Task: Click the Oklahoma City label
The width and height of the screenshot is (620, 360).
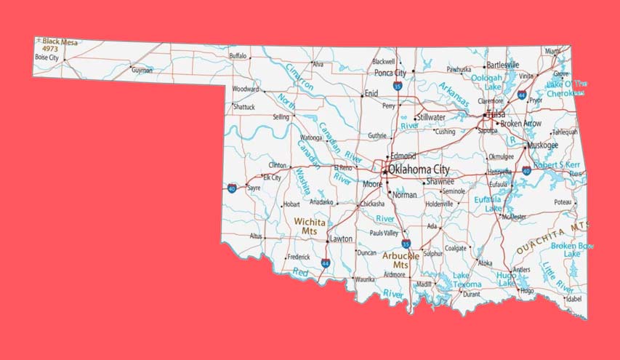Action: (419, 169)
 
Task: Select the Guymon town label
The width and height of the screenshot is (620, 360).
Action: (142, 71)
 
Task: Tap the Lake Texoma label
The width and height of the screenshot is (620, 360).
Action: (467, 280)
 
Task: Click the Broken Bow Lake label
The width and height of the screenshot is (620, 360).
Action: (571, 249)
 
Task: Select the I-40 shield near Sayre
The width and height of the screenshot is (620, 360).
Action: (232, 188)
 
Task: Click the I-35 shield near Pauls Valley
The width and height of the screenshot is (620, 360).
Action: (406, 244)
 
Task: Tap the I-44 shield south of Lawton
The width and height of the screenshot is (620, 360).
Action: (325, 263)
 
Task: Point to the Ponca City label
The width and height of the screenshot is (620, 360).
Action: (390, 73)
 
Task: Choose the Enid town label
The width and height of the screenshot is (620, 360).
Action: (371, 93)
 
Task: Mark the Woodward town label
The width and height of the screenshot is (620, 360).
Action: (245, 89)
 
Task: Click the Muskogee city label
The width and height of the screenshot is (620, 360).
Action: (543, 145)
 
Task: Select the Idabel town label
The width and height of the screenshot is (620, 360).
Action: (574, 298)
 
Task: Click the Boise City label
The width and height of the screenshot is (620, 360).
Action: (47, 57)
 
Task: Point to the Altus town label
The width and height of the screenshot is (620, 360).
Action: (256, 236)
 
